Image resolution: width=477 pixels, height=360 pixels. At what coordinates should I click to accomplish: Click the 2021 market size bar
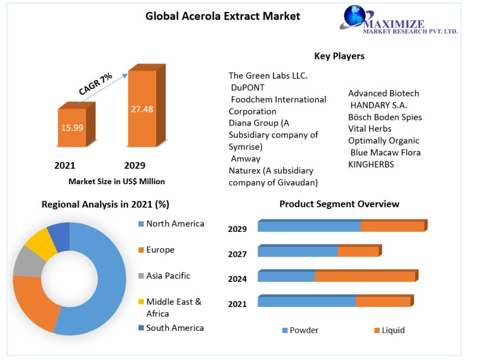click(72, 128)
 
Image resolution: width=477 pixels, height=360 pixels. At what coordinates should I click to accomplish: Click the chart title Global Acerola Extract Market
click(223, 16)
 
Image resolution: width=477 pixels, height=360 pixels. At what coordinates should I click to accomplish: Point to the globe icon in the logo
click(358, 16)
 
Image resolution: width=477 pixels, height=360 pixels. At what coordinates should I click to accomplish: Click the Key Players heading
click(339, 56)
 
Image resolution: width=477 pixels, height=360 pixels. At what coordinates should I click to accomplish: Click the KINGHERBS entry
click(371, 165)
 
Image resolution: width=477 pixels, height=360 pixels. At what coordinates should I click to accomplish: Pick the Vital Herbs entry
click(370, 129)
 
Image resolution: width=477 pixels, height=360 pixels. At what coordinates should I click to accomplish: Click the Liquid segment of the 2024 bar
click(365, 277)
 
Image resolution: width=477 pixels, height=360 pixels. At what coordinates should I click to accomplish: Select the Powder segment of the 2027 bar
click(298, 252)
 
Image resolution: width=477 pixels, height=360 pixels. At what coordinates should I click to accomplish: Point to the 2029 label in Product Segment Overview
click(237, 229)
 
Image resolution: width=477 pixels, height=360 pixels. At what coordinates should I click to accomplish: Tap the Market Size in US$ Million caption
click(117, 181)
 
